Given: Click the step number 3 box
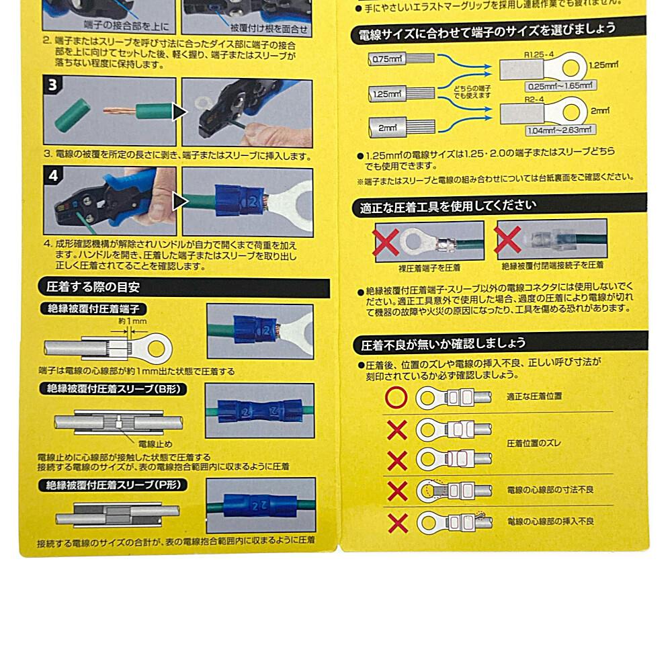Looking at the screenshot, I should [x=52, y=86].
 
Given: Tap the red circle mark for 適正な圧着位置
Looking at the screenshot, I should [x=396, y=397].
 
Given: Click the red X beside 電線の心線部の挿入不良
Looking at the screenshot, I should [x=397, y=521].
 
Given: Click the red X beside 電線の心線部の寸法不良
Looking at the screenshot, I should [x=397, y=491].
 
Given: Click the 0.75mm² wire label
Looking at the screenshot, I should [x=386, y=59].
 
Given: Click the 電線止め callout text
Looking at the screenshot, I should [x=155, y=444].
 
